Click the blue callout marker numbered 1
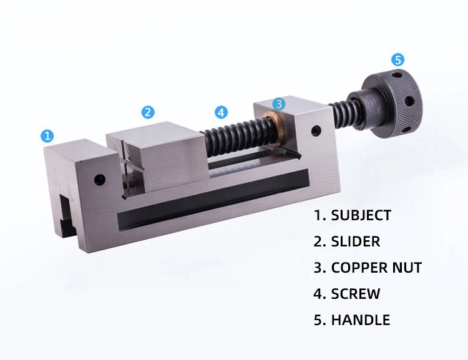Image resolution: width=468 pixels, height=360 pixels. pos(47,135)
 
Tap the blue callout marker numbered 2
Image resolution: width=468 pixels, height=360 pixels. pos(147,112)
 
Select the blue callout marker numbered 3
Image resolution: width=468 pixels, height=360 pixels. pos(279,103)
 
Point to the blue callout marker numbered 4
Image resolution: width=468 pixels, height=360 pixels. pos(221,112)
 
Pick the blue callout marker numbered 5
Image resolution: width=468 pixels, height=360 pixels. pos(397,60)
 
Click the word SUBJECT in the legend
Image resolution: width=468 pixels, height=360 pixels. pos(361,216)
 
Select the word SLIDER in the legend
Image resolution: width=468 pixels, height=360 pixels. pos(355,241)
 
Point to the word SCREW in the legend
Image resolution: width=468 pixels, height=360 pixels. pos(355,294)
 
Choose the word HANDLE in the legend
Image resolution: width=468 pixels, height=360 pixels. pos(360,320)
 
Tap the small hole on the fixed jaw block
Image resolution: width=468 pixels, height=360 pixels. pos(99,180)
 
